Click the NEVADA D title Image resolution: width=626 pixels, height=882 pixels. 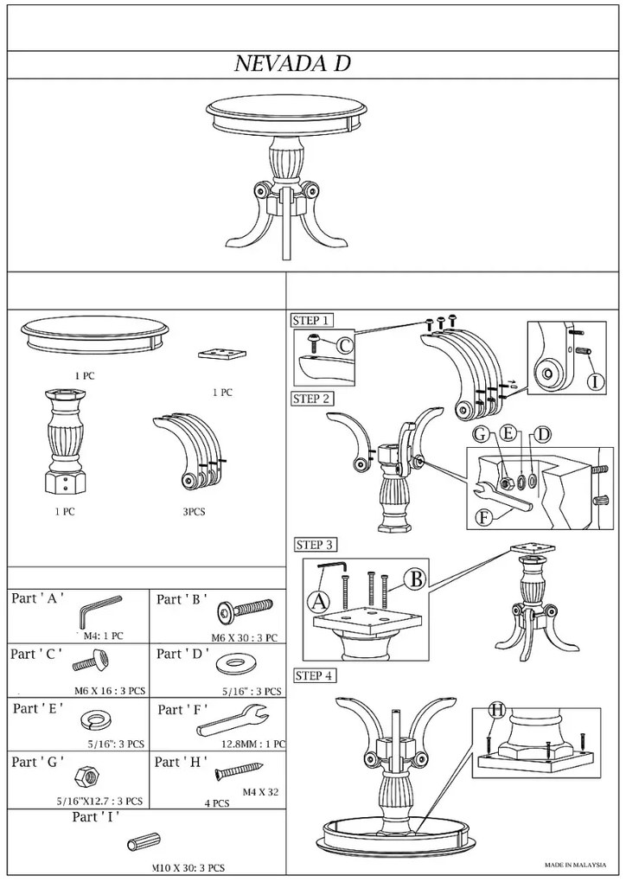pyautogui.click(x=292, y=64)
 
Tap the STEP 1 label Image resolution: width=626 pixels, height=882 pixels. pyautogui.click(x=311, y=320)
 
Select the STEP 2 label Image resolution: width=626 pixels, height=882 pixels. pyautogui.click(x=311, y=399)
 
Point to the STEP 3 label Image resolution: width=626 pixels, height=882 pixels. pyautogui.click(x=315, y=545)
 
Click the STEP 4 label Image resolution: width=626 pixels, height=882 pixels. pyautogui.click(x=315, y=675)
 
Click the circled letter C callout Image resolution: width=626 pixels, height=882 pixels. pyautogui.click(x=345, y=347)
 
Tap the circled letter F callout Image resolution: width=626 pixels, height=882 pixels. pyautogui.click(x=484, y=519)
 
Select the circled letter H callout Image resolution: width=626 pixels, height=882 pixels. pyautogui.click(x=496, y=711)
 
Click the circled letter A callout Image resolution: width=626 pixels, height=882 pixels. pyautogui.click(x=319, y=599)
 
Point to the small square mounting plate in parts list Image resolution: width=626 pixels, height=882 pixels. pyautogui.click(x=222, y=355)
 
